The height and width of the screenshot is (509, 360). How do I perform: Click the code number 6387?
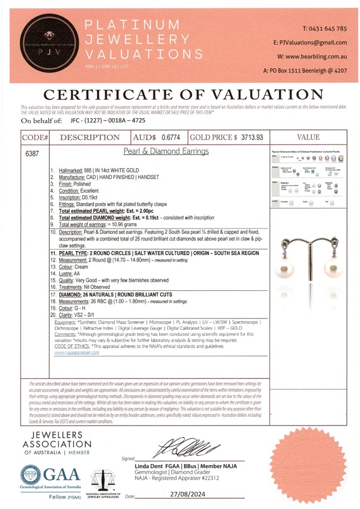click(x=32, y=154)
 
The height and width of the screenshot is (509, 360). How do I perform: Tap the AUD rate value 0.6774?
click(x=173, y=138)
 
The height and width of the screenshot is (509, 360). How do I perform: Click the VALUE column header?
click(x=308, y=138)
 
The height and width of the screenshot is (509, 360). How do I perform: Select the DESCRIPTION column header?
click(x=90, y=138)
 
